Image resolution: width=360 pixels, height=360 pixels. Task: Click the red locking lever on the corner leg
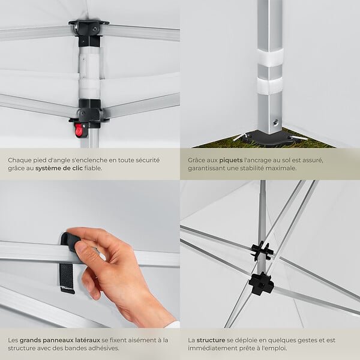(x=79, y=130)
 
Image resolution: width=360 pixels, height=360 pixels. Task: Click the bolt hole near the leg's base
(x=275, y=122)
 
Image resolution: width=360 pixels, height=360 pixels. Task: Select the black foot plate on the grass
(x=267, y=138)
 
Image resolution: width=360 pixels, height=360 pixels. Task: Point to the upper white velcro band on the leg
(x=270, y=58)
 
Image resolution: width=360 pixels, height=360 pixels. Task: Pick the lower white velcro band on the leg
(x=270, y=85)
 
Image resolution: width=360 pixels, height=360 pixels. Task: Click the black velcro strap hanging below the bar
(x=67, y=278)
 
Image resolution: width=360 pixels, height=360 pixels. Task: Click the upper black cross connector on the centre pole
(x=262, y=250)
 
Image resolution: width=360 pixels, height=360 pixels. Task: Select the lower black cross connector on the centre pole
(x=261, y=284)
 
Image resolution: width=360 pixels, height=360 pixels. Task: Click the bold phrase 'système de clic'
(x=59, y=168)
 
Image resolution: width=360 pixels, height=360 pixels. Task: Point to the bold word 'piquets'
(x=231, y=160)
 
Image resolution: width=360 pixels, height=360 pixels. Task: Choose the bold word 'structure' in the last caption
(x=211, y=340)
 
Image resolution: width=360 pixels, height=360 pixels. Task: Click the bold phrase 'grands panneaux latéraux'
(x=59, y=340)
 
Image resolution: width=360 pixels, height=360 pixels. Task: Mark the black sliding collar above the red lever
(x=90, y=113)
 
